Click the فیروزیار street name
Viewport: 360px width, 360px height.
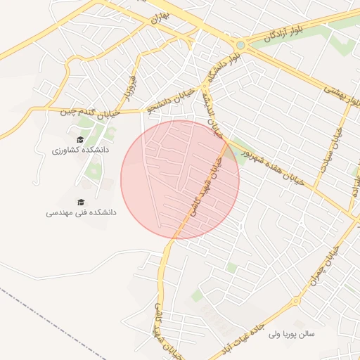point(128,85)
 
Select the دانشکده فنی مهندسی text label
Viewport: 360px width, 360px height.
point(81,212)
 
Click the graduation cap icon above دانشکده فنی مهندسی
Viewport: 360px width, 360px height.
point(81,201)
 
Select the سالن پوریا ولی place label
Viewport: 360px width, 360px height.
point(292,334)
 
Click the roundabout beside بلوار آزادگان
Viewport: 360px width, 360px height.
point(240,45)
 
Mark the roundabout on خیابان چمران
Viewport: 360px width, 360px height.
point(296,301)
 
